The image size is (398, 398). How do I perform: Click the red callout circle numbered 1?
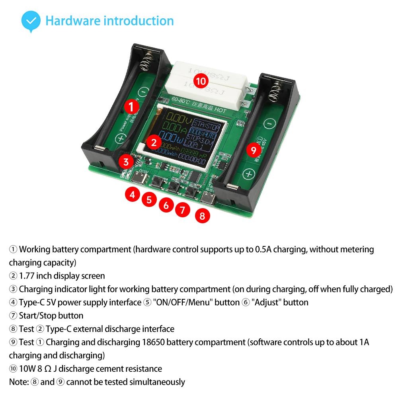(x=132, y=107)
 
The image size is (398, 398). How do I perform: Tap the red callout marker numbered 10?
(x=201, y=82)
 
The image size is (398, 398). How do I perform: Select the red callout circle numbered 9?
(x=254, y=150)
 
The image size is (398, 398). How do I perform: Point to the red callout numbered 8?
(x=202, y=216)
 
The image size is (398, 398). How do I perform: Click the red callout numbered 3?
(x=126, y=162)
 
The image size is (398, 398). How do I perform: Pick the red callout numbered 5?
(x=149, y=199)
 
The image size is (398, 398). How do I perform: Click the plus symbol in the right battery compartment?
(x=249, y=174)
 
